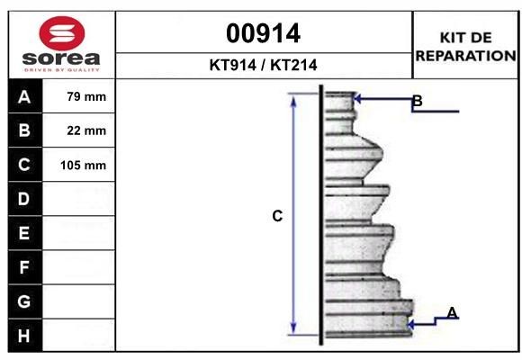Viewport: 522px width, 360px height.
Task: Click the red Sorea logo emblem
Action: pos(62,33)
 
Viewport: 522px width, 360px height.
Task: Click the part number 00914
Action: pos(263,33)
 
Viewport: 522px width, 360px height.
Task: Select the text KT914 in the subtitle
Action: pos(233,65)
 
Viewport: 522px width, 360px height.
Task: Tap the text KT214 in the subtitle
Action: pos(293,65)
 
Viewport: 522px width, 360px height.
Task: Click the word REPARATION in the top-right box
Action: pos(465,56)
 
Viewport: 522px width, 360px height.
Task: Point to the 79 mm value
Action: pos(86,96)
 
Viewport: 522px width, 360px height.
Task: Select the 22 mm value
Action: pos(86,130)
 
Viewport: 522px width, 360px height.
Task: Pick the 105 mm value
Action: pos(83,166)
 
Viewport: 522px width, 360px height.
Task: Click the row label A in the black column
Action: pos(24,97)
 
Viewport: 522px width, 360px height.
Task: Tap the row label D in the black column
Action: pos(24,199)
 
